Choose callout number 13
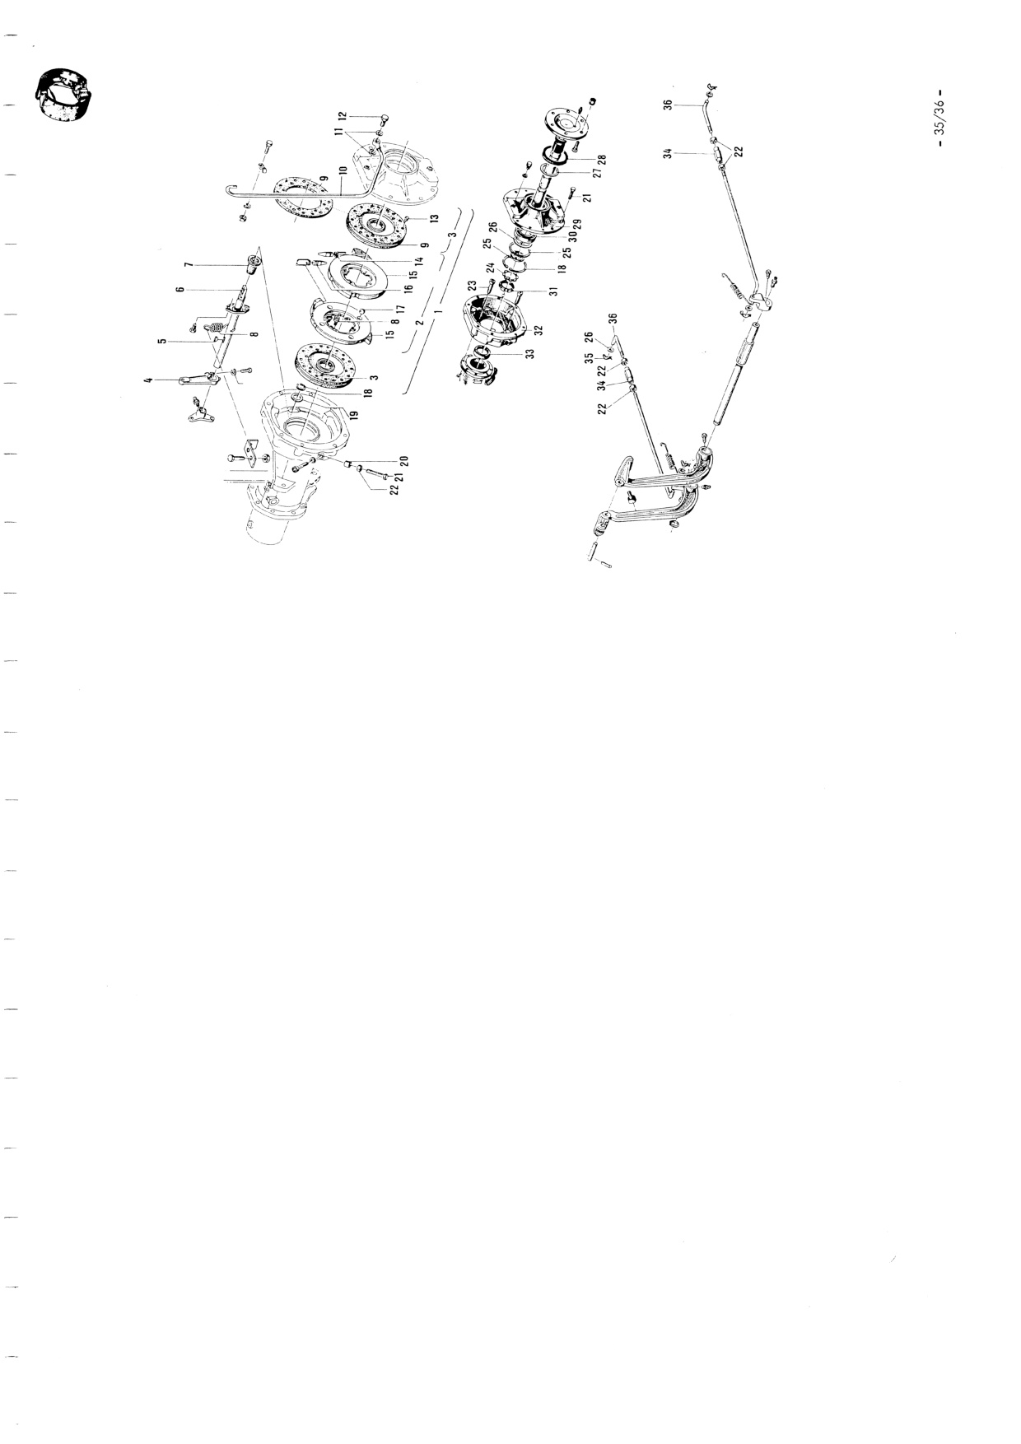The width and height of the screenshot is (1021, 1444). click(x=434, y=220)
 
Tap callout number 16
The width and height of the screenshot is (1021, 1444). click(x=408, y=290)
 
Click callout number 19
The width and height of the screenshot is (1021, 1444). click(x=356, y=417)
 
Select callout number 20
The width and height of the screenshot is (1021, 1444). click(x=404, y=461)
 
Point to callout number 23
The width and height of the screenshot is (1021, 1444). click(x=473, y=286)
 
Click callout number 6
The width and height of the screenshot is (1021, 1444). click(x=189, y=289)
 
